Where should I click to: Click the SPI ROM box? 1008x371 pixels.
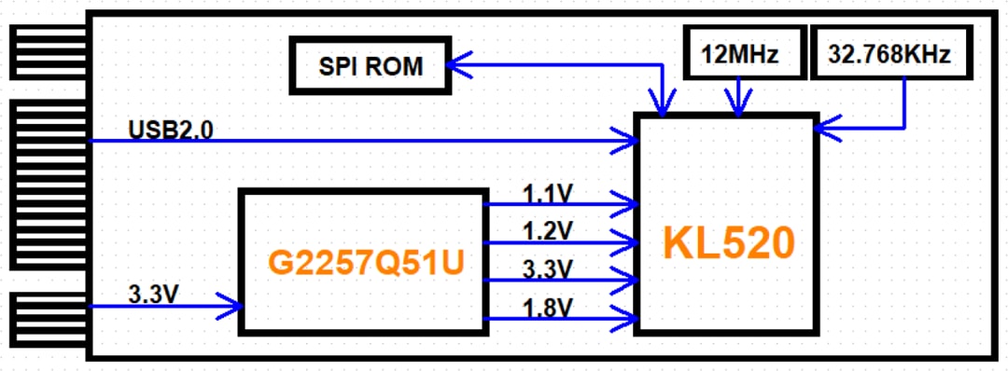click(370, 65)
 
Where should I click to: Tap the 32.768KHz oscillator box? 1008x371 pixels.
click(889, 54)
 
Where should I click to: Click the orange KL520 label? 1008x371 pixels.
click(729, 243)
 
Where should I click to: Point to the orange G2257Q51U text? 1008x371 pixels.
click(366, 263)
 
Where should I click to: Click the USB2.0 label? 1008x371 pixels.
click(170, 129)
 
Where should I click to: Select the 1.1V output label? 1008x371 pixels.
click(548, 193)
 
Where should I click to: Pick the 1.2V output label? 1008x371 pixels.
click(548, 230)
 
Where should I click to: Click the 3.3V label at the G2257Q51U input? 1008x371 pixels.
click(154, 293)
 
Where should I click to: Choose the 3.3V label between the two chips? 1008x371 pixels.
click(548, 268)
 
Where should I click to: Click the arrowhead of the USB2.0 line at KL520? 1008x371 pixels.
click(625, 142)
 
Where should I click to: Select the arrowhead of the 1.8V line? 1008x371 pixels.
click(625, 319)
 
